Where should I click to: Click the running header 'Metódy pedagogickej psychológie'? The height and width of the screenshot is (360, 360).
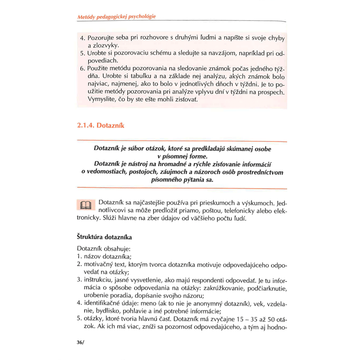(x=116, y=16)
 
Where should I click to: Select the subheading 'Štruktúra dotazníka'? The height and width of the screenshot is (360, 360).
(x=104, y=237)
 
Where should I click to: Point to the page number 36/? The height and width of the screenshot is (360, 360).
(x=79, y=342)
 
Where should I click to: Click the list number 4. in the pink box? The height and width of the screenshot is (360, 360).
(x=83, y=38)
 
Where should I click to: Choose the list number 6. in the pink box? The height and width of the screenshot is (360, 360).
(x=83, y=69)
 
